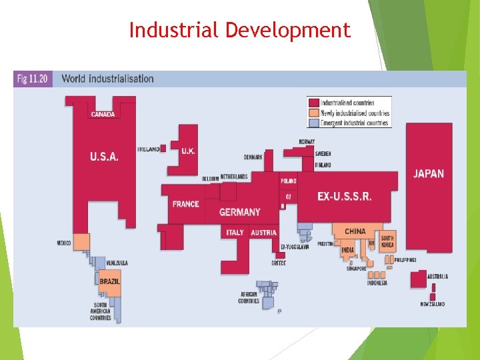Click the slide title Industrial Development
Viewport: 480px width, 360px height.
pyautogui.click(x=239, y=30)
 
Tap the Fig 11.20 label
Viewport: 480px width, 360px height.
pyautogui.click(x=33, y=79)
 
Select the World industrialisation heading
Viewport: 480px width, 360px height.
pyautogui.click(x=107, y=79)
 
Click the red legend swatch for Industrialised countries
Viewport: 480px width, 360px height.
pyautogui.click(x=313, y=103)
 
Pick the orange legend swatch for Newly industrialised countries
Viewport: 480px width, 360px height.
pyautogui.click(x=313, y=113)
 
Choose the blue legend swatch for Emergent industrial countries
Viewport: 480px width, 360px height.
pyautogui.click(x=313, y=123)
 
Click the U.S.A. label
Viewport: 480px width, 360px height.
pyautogui.click(x=104, y=157)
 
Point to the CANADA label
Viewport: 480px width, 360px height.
pyautogui.click(x=103, y=114)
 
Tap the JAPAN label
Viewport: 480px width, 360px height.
pyautogui.click(x=428, y=173)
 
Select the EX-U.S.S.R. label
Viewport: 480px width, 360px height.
pyautogui.click(x=344, y=196)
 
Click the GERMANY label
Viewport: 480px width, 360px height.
pyautogui.click(x=240, y=212)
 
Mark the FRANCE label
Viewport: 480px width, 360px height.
pyautogui.click(x=185, y=203)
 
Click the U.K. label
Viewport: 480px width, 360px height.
pyautogui.click(x=188, y=151)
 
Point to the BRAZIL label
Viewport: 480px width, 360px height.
pyautogui.click(x=110, y=281)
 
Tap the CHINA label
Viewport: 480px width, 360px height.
pyautogui.click(x=355, y=231)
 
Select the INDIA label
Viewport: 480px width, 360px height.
pyautogui.click(x=347, y=250)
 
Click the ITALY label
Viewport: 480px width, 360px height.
pyautogui.click(x=235, y=233)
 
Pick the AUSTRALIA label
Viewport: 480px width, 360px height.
pyautogui.click(x=437, y=276)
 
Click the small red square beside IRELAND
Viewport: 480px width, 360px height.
pyautogui.click(x=163, y=149)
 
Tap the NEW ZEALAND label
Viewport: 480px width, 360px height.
pyautogui.click(x=432, y=304)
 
